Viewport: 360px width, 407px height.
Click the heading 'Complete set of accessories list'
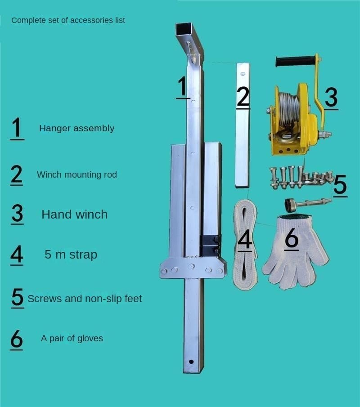68,20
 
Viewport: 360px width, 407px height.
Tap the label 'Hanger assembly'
76,128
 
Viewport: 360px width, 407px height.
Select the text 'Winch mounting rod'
76,174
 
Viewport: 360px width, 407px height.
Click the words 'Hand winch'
75,215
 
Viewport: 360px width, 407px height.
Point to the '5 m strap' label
71,255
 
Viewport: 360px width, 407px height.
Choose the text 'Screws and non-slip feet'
85,299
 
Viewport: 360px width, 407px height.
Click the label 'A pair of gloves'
72,338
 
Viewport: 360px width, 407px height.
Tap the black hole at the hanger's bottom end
191,362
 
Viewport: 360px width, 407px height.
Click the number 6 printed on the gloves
292,238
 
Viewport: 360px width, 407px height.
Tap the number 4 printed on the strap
245,240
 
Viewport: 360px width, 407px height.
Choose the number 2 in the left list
16,174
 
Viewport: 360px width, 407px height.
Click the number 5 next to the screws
340,185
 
